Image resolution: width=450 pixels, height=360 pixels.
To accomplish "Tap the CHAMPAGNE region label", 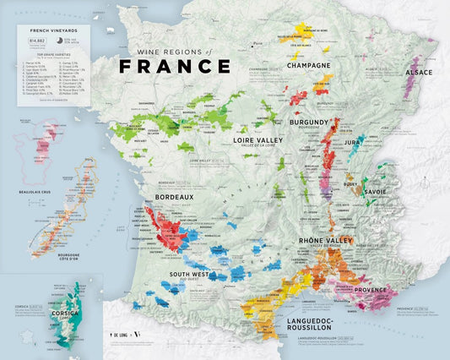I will click(x=308, y=65).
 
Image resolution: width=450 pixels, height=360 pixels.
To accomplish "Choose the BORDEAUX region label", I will click(x=174, y=197).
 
